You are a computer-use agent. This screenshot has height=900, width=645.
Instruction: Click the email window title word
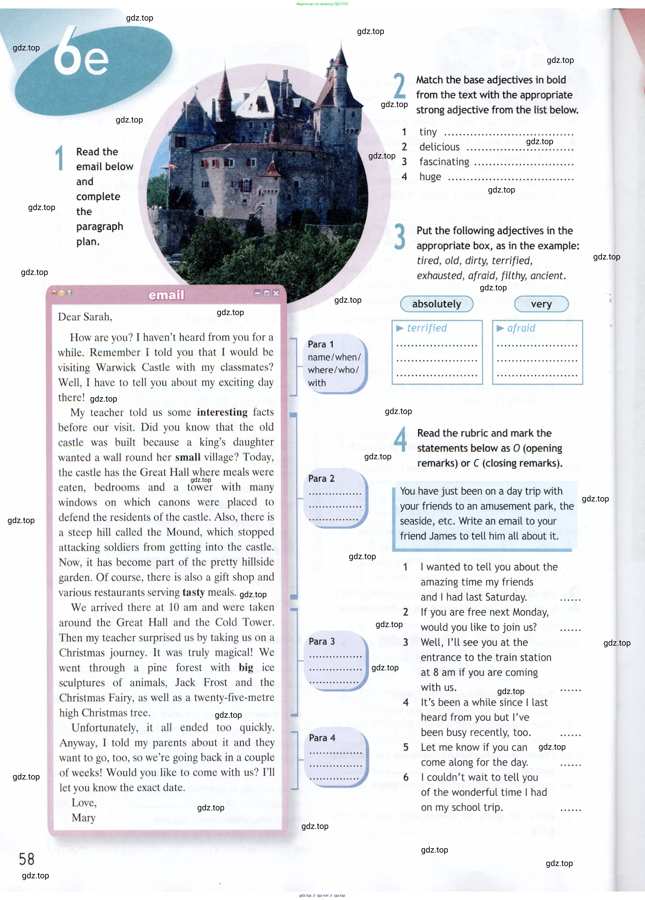pos(166,295)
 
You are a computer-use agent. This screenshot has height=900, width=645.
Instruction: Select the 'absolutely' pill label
pos(436,304)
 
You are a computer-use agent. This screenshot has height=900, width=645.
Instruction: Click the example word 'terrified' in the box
pos(427,328)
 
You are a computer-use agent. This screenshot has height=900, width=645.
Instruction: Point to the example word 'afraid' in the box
pos(521,328)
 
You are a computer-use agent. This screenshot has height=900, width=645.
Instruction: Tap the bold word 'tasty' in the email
pos(193,592)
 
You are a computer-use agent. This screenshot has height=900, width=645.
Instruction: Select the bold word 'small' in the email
pos(188,457)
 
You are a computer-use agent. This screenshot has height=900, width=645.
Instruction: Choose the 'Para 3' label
pos(322,641)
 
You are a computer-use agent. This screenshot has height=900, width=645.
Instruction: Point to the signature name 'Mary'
pos(84,818)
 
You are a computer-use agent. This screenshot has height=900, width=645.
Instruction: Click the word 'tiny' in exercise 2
pos(428,132)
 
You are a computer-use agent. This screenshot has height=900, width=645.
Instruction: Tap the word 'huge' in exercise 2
pos(430,177)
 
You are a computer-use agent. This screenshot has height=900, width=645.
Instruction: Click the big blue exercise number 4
pos(400,439)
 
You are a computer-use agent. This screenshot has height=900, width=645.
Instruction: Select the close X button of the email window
pos(276,293)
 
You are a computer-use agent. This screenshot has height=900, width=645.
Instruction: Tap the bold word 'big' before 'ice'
pos(246,668)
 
